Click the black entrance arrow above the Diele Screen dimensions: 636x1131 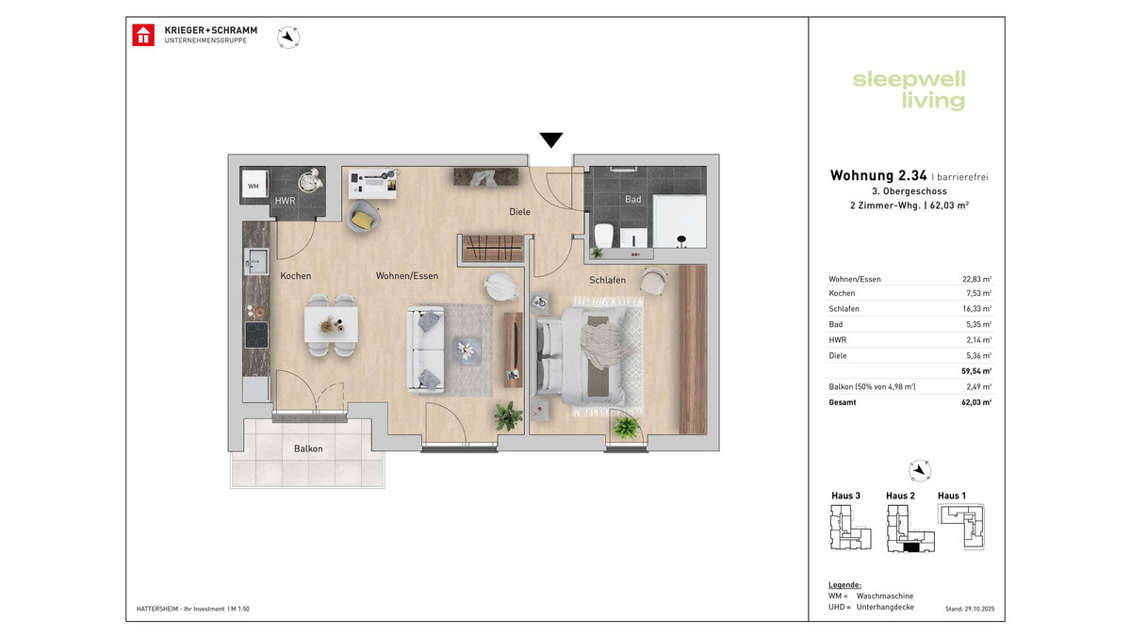click(551, 140)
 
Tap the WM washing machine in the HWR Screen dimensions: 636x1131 click(254, 187)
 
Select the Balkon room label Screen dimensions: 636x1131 click(308, 448)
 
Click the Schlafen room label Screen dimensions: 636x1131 click(608, 281)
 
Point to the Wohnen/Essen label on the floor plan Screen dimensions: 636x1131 click(407, 276)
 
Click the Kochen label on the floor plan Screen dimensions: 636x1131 click(296, 276)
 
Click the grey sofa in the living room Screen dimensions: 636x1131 click(426, 350)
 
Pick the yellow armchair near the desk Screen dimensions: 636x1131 click(363, 219)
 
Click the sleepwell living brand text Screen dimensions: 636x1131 click(909, 90)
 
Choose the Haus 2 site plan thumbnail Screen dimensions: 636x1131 click(906, 528)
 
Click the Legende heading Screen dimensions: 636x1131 click(844, 584)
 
